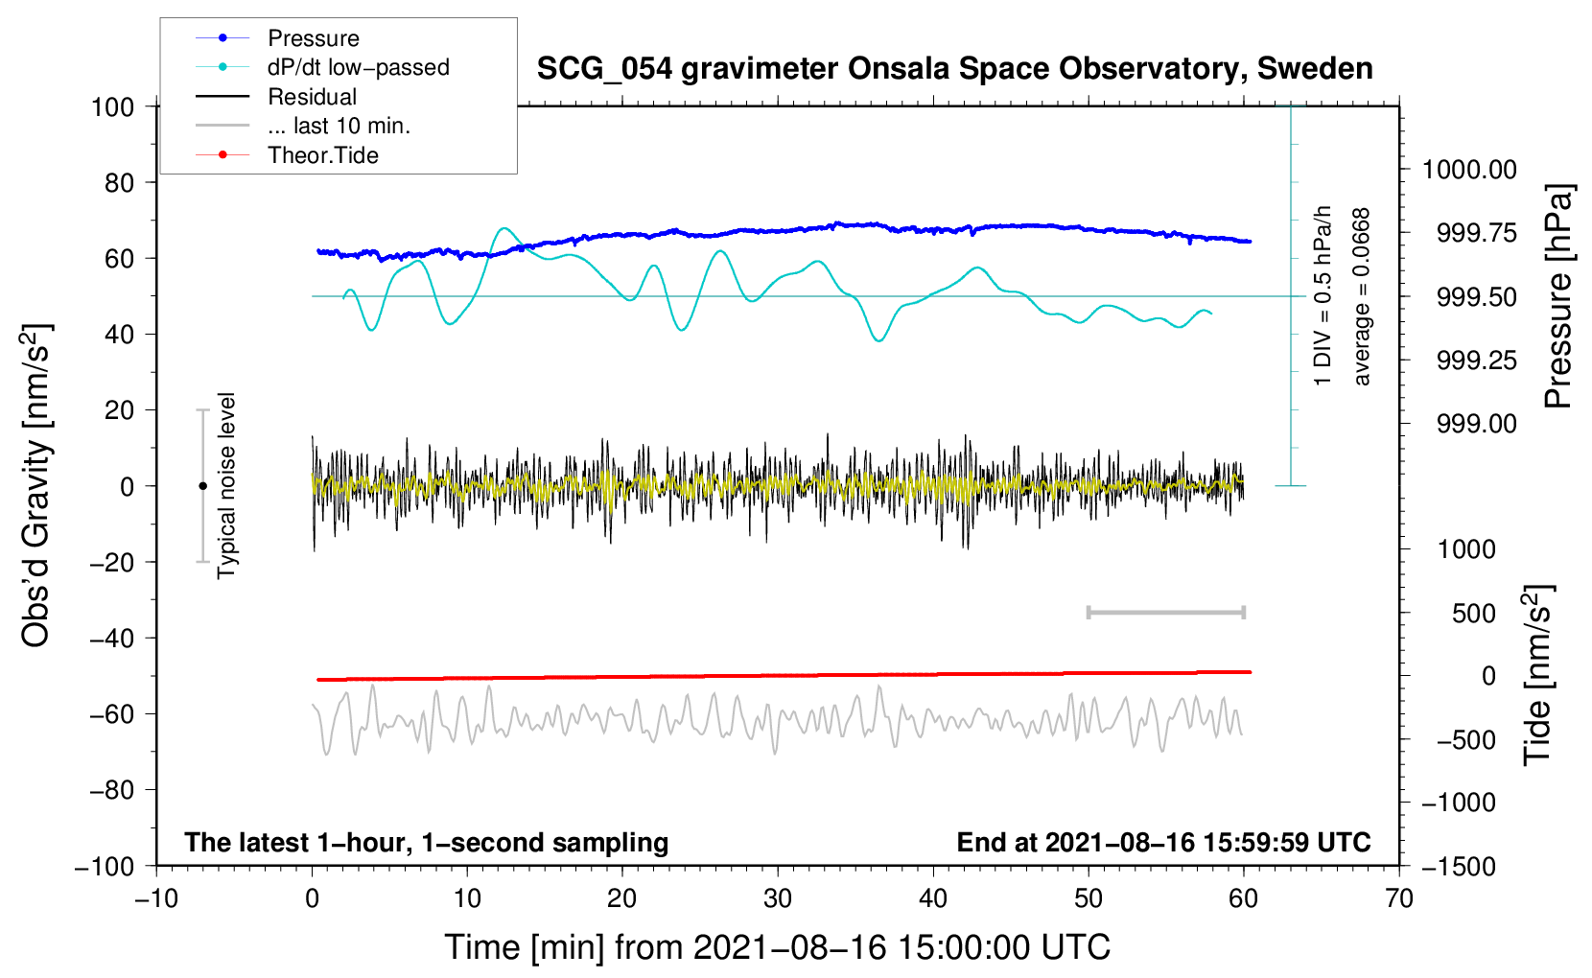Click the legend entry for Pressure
pyautogui.click(x=313, y=38)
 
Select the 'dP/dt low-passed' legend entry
pyautogui.click(x=358, y=67)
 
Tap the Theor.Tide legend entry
pyautogui.click(x=322, y=155)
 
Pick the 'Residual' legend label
pyautogui.click(x=312, y=97)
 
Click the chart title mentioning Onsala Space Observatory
pyautogui.click(x=954, y=69)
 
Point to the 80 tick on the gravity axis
pyautogui.click(x=119, y=182)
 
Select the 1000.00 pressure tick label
pyautogui.click(x=1469, y=170)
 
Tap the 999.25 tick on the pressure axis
pyautogui.click(x=1477, y=361)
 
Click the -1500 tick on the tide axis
pyautogui.click(x=1459, y=867)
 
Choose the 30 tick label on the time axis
pyautogui.click(x=778, y=898)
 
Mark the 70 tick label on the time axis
pyautogui.click(x=1399, y=898)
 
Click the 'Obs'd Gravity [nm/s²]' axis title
pyautogui.click(x=36, y=485)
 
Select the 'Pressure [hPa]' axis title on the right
pyautogui.click(x=1559, y=296)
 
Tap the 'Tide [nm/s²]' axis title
pyautogui.click(x=1538, y=675)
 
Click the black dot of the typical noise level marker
pyautogui.click(x=202, y=486)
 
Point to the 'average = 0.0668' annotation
pyautogui.click(x=1362, y=296)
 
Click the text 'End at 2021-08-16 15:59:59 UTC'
pyautogui.click(x=1163, y=842)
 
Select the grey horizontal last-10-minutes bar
pyautogui.click(x=1165, y=612)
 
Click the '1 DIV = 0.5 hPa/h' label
pyautogui.click(x=1323, y=296)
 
